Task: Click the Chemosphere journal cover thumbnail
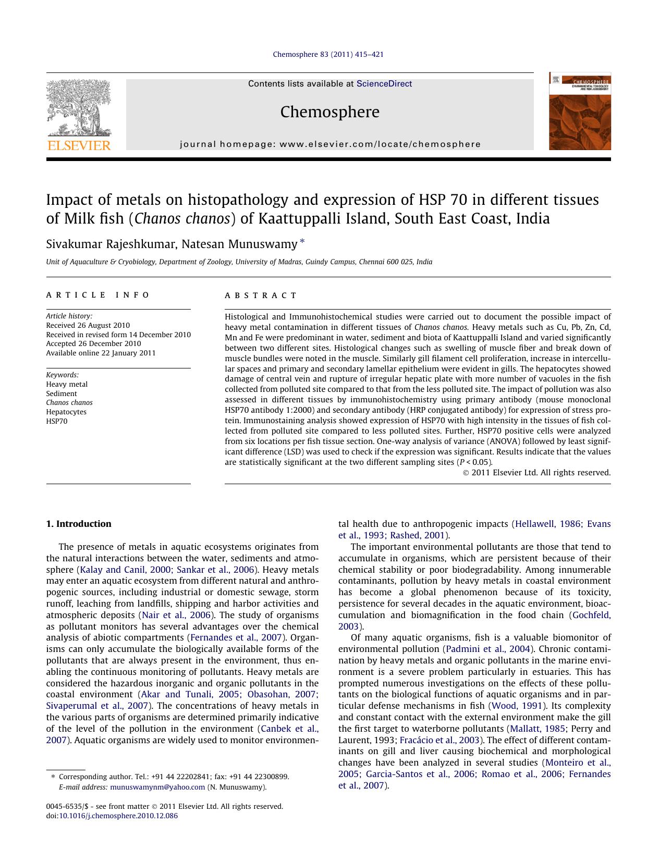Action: point(579,111)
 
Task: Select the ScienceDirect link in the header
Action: point(384,84)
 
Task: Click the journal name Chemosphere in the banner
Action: point(329,112)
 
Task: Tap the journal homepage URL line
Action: point(330,144)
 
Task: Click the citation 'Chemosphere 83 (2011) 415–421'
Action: point(328,54)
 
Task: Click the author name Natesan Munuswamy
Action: point(239,243)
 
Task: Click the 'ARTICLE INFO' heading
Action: point(98,295)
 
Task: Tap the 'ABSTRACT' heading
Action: point(261,295)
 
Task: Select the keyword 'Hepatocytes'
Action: point(66,412)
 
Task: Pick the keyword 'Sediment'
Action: point(62,393)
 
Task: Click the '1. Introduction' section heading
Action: point(79,524)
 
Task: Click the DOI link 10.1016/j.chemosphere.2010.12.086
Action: point(118,816)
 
